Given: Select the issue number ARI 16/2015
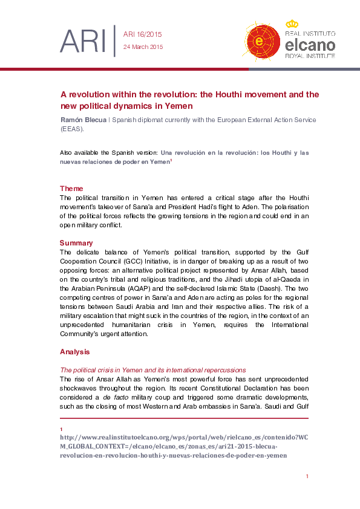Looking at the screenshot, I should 142,34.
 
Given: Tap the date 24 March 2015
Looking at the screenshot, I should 143,47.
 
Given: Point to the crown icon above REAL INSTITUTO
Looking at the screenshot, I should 292,24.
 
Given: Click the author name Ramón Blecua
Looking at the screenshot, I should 82,120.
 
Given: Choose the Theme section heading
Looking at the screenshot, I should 71,189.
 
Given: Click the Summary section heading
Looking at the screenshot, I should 76,242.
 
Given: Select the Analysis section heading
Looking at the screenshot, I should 74,351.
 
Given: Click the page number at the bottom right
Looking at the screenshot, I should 307,476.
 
